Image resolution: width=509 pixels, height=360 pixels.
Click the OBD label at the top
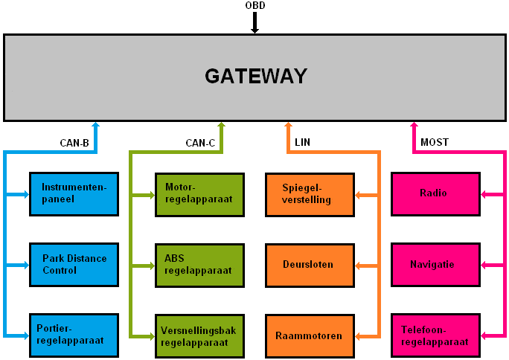click(254, 6)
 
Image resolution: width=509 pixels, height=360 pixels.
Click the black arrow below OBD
click(254, 23)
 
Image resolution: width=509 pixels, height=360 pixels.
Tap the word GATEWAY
click(256, 76)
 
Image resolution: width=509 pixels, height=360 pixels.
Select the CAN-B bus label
click(74, 143)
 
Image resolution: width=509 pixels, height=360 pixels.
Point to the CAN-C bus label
click(200, 143)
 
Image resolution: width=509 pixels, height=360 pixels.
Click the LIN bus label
click(302, 142)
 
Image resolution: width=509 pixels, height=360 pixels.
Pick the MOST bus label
click(435, 142)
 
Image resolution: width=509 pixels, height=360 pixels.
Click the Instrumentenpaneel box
click(74, 193)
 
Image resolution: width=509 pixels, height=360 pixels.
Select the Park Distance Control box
click(74, 265)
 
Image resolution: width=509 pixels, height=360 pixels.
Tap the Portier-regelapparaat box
click(74, 335)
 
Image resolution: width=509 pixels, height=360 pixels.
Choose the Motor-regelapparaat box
click(199, 193)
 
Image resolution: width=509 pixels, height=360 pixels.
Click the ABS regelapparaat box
click(199, 265)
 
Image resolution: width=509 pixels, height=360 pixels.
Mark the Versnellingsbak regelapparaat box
click(199, 335)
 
